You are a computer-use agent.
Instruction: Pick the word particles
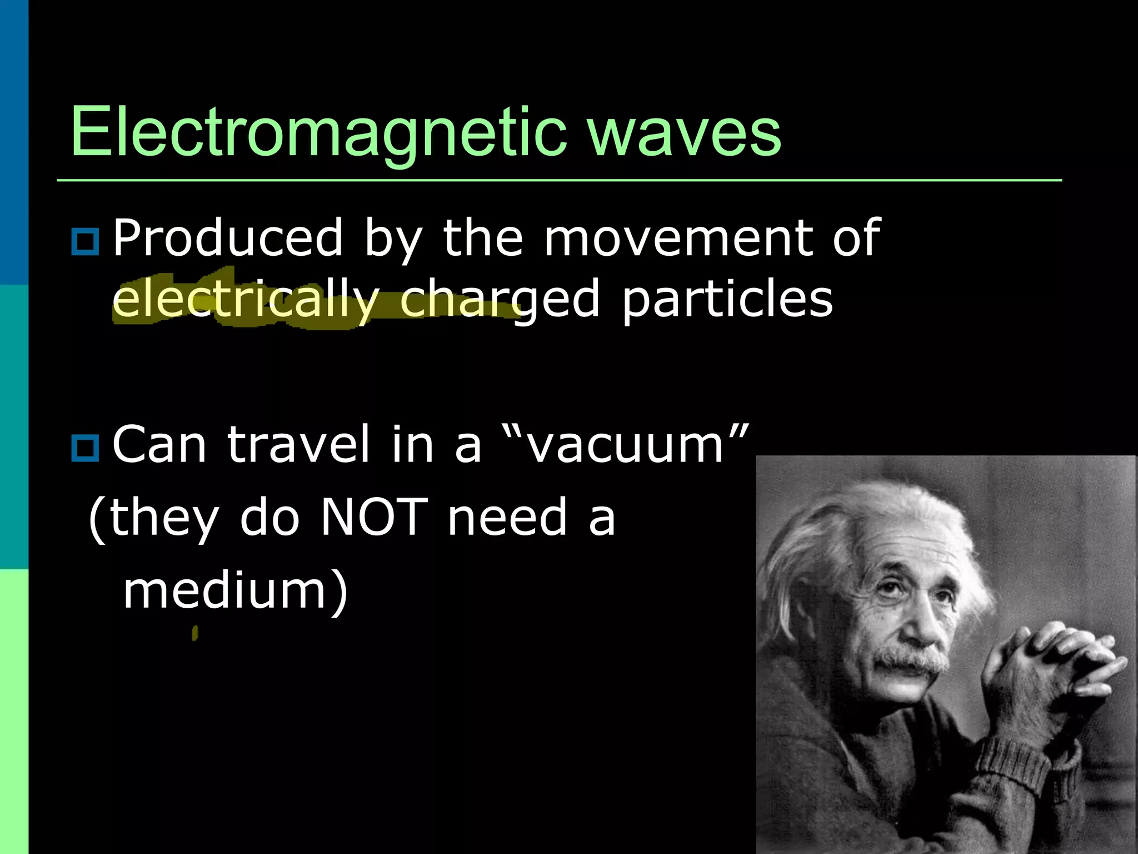(727, 300)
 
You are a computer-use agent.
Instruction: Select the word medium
(225, 590)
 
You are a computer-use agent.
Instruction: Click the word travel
(298, 445)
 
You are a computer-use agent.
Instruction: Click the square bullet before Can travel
(85, 448)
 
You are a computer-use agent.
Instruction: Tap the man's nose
(917, 623)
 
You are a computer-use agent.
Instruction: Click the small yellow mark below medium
(194, 633)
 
